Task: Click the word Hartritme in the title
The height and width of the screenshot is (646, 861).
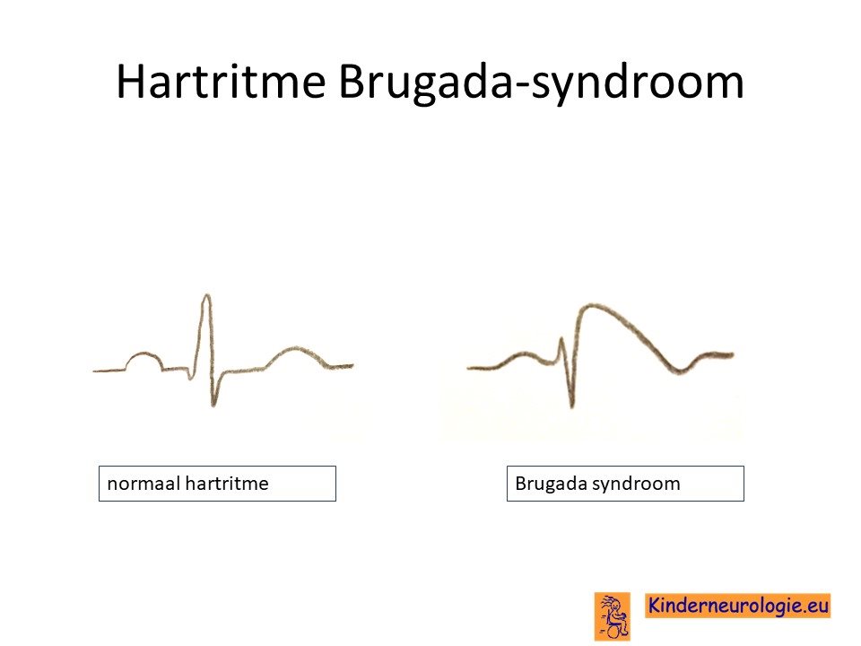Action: (221, 82)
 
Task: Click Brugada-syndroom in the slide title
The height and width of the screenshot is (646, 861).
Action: (541, 83)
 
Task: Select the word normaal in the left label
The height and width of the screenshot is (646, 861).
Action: (143, 484)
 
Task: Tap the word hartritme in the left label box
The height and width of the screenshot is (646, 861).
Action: (227, 484)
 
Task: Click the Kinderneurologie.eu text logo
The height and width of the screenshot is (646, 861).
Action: (737, 606)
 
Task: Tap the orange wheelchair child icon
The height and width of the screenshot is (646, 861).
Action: (613, 616)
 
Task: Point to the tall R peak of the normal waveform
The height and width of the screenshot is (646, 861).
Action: (206, 297)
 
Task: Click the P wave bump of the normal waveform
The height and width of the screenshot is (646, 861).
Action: (144, 354)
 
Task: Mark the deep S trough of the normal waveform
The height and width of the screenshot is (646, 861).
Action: (213, 404)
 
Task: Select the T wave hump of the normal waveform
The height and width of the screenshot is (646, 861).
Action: (296, 348)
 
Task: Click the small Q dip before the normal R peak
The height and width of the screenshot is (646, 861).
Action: (190, 378)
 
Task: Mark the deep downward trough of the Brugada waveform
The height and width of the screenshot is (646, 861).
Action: (571, 406)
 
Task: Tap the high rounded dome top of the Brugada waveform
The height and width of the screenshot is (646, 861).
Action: (590, 305)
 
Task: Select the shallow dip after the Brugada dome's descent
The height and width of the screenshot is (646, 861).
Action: (679, 371)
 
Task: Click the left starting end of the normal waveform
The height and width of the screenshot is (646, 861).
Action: (94, 371)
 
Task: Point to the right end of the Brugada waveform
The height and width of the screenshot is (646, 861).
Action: (733, 355)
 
